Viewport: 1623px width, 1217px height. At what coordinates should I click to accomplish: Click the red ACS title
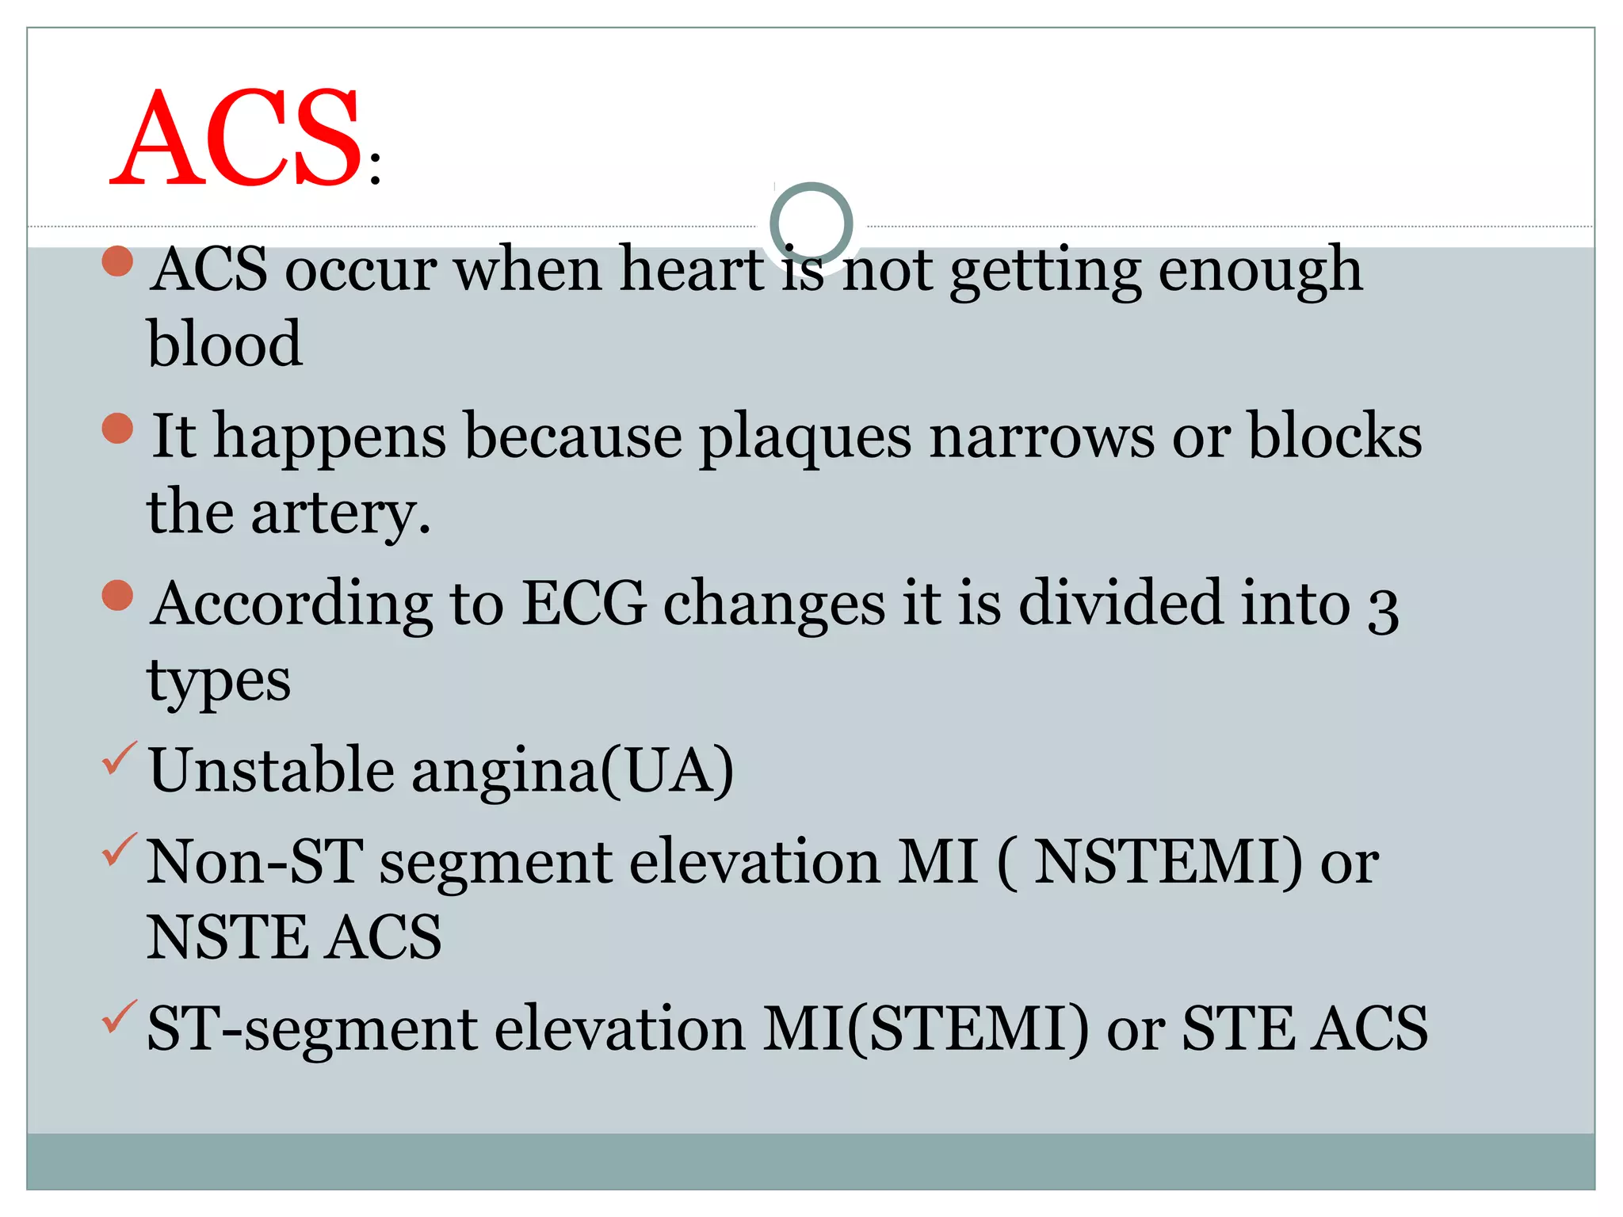238,139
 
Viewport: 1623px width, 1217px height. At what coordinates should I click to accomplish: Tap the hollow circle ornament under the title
811,223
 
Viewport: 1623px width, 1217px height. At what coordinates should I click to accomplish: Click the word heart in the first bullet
691,269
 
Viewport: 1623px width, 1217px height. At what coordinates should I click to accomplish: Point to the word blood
225,344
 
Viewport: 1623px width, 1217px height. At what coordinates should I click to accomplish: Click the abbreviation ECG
584,604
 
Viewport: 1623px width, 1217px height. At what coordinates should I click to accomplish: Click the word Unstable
272,770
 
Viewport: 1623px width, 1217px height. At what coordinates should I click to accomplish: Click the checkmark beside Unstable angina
119,758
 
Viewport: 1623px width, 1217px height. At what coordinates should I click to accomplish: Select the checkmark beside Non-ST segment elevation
119,850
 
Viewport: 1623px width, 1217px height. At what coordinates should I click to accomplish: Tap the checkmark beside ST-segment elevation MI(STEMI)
119,1017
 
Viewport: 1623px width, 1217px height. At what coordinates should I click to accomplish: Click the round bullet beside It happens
117,429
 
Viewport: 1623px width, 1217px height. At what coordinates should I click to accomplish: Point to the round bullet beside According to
117,596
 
